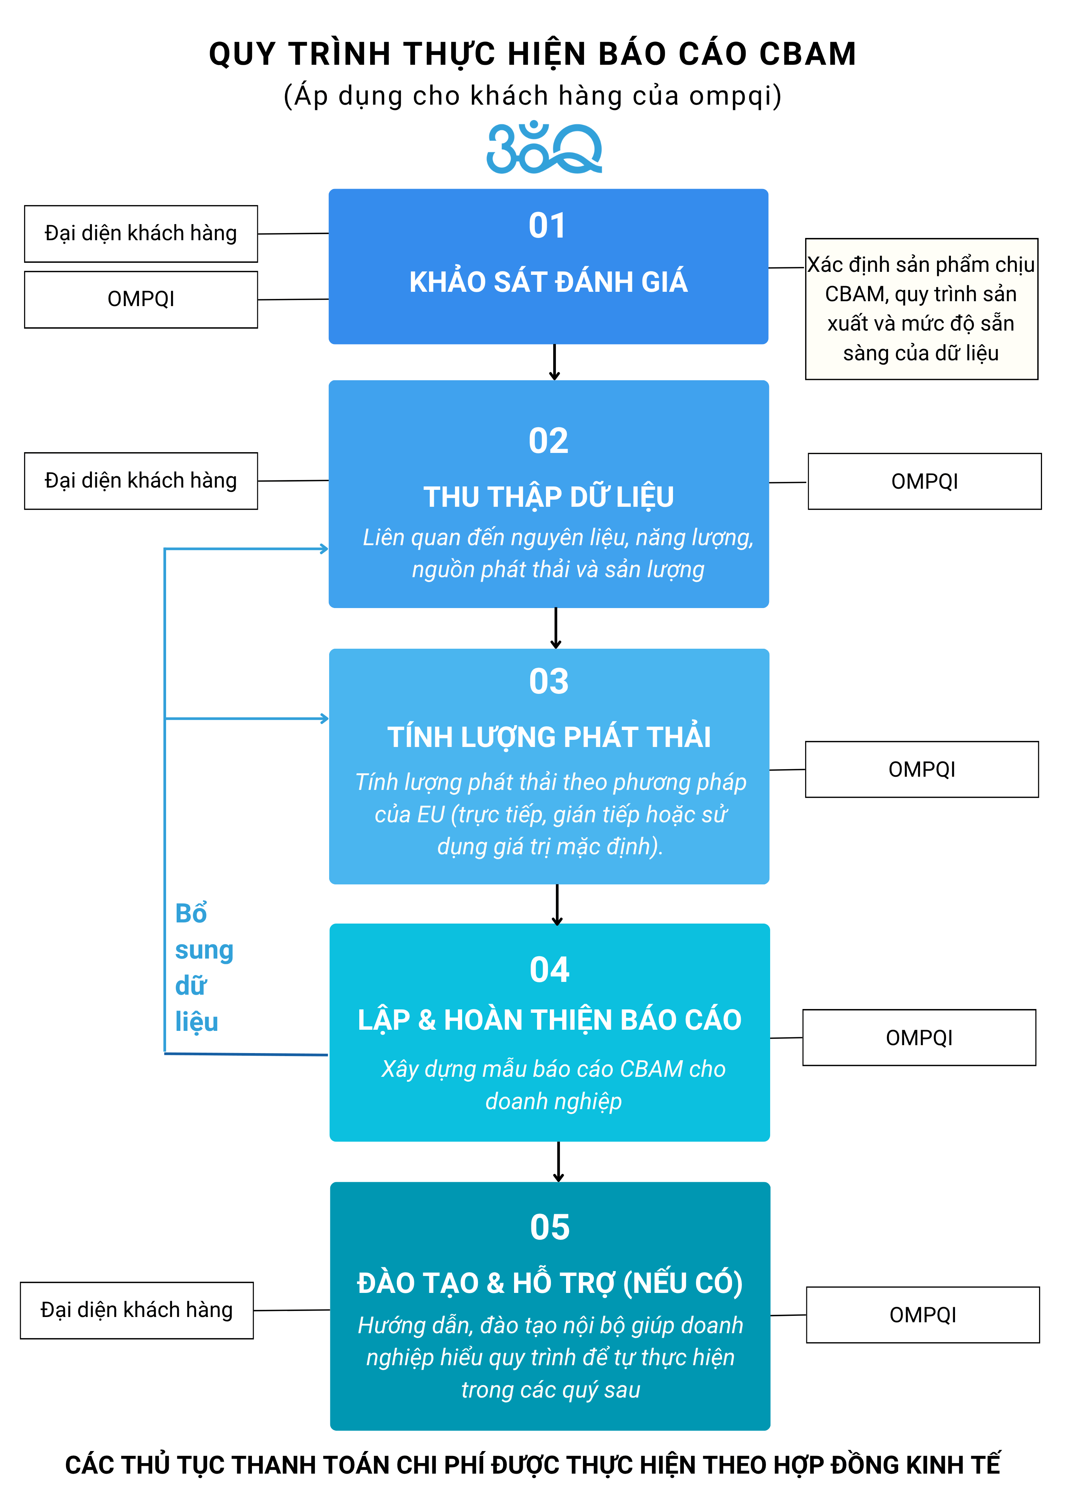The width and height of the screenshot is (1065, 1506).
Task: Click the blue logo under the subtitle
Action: coord(544,148)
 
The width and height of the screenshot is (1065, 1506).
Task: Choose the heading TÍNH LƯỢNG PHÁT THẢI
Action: coord(549,737)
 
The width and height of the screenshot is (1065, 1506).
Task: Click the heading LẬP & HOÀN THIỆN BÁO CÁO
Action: coord(549,1020)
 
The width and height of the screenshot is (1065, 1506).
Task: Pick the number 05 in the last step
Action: coord(550,1227)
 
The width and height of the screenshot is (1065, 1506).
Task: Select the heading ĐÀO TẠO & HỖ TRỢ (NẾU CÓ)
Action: coord(550,1283)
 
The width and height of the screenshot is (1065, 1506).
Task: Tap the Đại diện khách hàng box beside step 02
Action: coord(141,481)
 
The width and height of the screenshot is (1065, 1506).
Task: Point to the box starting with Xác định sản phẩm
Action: coord(921,309)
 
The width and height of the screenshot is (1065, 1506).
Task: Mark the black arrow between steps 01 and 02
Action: coord(554,362)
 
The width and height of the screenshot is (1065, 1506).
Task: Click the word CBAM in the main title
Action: coord(807,54)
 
